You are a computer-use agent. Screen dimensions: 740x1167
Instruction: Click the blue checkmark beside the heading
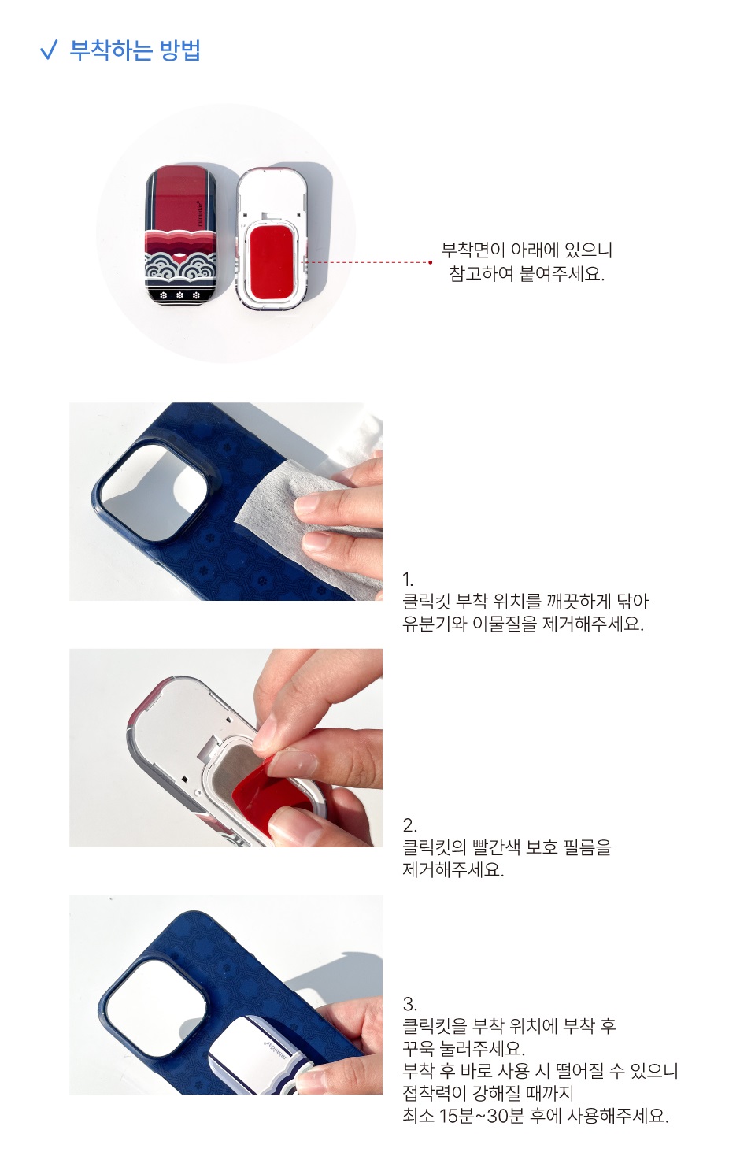click(x=49, y=50)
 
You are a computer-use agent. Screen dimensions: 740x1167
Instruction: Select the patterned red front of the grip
click(x=181, y=235)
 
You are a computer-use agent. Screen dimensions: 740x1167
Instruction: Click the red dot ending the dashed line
click(x=430, y=262)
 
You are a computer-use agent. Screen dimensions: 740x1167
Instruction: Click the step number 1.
click(x=408, y=580)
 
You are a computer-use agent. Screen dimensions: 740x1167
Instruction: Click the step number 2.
click(x=409, y=825)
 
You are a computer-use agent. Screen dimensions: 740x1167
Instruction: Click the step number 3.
click(x=409, y=1004)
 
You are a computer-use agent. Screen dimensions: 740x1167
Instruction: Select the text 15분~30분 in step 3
click(x=481, y=1116)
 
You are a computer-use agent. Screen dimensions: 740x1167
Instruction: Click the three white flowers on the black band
click(x=179, y=295)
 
